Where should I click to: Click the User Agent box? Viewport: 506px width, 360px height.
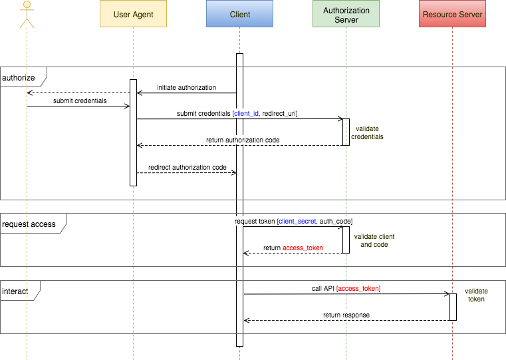click(x=133, y=14)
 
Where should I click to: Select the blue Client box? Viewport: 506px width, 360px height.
click(x=239, y=14)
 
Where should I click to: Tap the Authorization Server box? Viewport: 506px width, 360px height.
click(x=346, y=14)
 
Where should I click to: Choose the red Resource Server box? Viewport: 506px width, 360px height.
click(x=452, y=14)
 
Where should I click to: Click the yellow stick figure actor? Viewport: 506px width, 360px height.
click(x=27, y=14)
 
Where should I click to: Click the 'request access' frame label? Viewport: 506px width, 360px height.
click(x=30, y=224)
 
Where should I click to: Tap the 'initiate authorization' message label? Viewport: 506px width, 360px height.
click(x=187, y=87)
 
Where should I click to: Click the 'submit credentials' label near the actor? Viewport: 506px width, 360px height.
click(x=80, y=100)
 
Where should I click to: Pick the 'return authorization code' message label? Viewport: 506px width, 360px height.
click(x=243, y=140)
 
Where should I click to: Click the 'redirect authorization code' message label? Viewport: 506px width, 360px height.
click(x=188, y=167)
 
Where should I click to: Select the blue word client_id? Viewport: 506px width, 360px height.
click(x=246, y=114)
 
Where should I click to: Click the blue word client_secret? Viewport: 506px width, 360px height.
click(x=297, y=220)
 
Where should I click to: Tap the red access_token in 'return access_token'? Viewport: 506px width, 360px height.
click(x=303, y=248)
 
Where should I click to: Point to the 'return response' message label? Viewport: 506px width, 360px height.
click(x=346, y=315)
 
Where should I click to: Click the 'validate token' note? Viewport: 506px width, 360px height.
click(x=476, y=295)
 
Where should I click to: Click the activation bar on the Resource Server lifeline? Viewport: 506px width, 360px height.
click(x=453, y=307)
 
